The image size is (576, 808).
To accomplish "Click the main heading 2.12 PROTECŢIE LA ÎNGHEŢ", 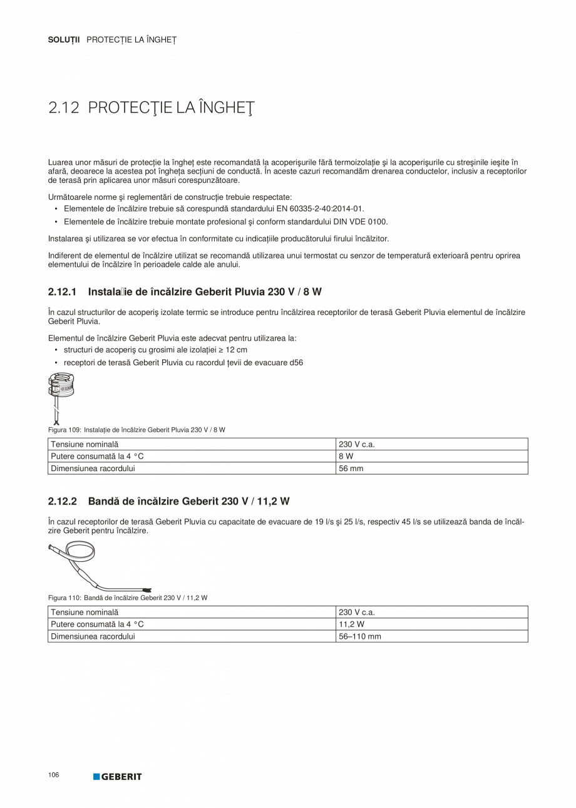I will pos(152,108).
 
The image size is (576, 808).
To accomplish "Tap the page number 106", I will pos(53,775).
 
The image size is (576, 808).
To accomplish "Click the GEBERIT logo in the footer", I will pos(118,777).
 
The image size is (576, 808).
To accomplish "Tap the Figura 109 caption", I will pos(136,430).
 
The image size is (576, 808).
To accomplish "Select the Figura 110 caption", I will pos(128,598).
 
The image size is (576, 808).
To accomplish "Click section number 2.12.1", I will pos(62,292).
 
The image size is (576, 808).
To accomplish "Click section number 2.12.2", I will pos(62,501).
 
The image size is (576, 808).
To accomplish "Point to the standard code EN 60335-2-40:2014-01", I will pos(319,209).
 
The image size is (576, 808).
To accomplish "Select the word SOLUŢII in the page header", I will pos(64,40).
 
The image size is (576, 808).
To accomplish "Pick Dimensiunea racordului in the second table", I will pos(93,636).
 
